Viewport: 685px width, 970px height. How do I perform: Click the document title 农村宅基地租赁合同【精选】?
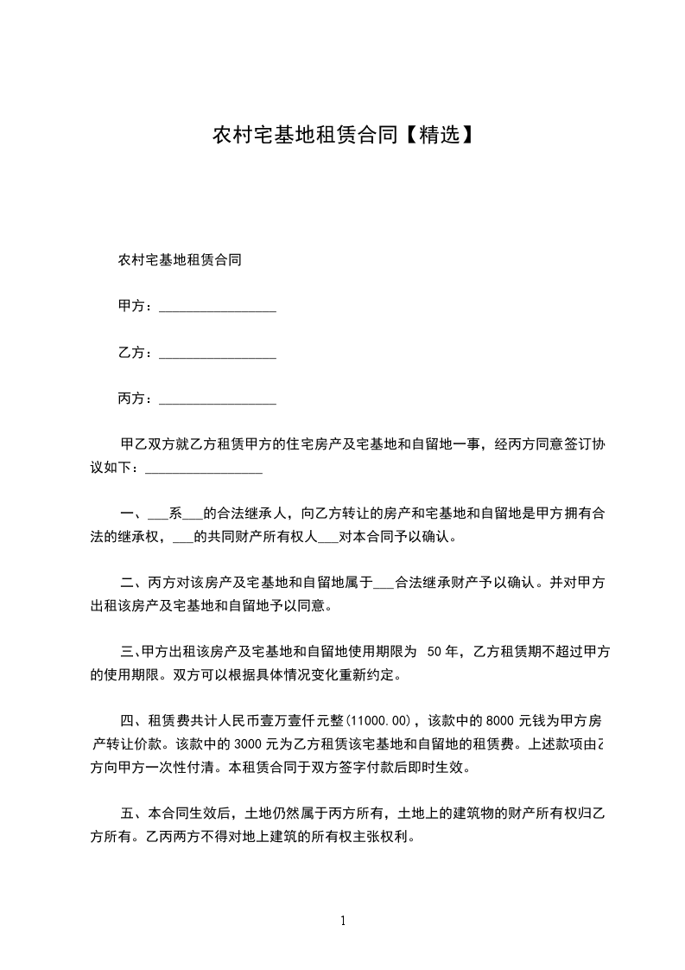343,136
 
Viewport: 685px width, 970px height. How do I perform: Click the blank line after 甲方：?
218,309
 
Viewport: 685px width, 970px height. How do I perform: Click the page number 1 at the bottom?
343,921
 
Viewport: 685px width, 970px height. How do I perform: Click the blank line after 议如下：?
204,470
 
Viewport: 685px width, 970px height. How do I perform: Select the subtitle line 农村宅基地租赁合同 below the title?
179,259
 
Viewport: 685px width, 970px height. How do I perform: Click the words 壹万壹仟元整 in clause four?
300,720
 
